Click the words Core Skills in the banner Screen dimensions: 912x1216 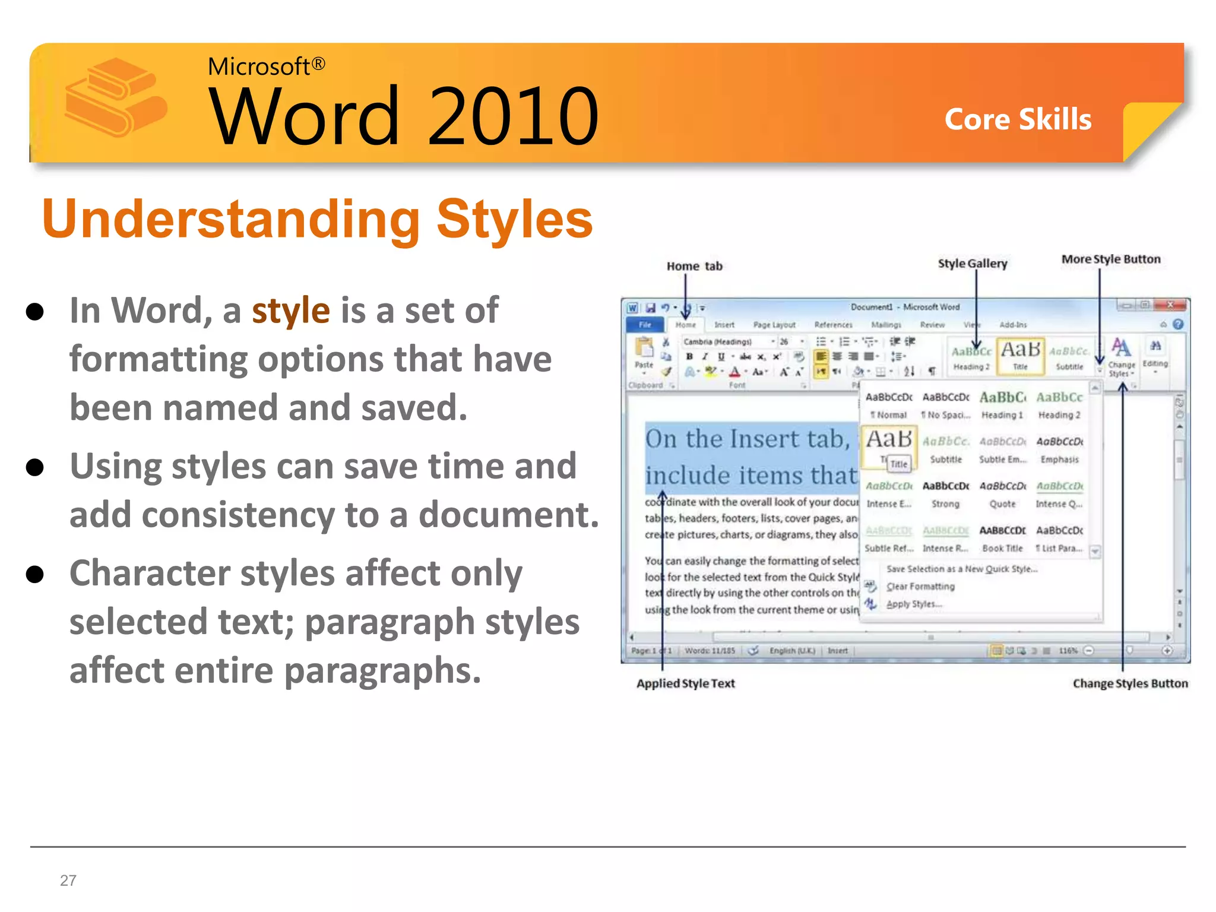pos(1018,119)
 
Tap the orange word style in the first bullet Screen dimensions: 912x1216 pos(290,311)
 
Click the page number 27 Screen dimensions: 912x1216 pos(68,880)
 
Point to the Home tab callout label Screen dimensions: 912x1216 pos(694,266)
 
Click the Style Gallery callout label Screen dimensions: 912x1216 pos(972,263)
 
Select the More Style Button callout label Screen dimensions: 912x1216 pos(1110,259)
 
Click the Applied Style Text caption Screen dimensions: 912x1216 pos(685,683)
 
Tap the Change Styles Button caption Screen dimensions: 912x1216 pos(1130,683)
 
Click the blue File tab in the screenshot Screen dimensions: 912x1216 pos(645,325)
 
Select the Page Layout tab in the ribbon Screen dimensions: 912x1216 pos(774,325)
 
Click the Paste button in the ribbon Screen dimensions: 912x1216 pos(644,353)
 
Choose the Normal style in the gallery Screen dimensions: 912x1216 pos(889,404)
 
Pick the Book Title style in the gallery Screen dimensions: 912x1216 pos(1002,537)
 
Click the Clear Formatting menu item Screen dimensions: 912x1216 pos(920,587)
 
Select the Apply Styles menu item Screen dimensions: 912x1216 pos(914,604)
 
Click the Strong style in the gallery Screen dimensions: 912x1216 pos(945,493)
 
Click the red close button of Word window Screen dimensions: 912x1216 pos(1170,305)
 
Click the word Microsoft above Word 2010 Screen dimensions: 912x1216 pos(259,66)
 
